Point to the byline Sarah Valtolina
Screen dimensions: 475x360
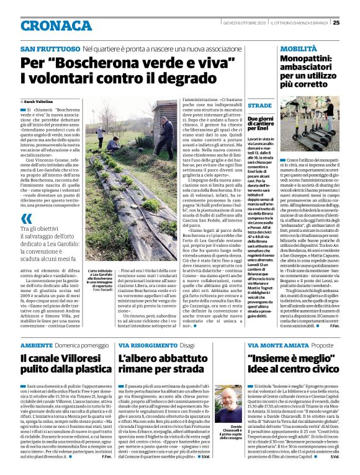(39, 100)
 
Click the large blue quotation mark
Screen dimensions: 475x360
(26, 218)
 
